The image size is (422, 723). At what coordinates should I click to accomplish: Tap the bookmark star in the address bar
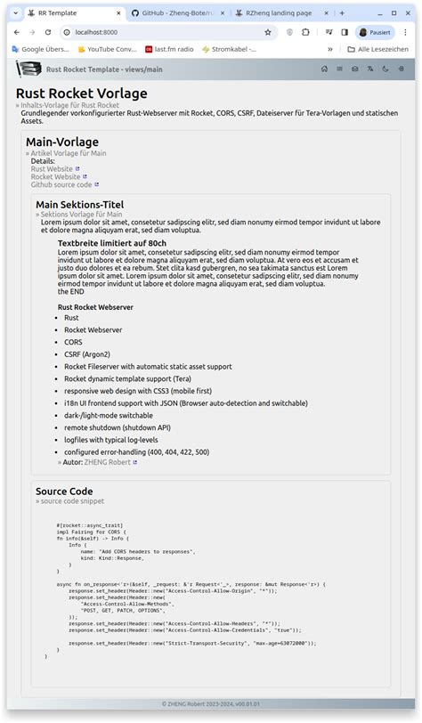[x=268, y=32]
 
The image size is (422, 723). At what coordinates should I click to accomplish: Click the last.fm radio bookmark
[x=175, y=49]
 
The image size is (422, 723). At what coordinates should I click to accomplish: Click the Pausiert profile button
[x=375, y=32]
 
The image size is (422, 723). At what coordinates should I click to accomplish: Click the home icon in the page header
[x=324, y=69]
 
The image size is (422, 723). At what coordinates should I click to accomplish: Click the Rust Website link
[x=53, y=168]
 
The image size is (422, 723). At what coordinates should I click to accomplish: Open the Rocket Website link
[x=56, y=176]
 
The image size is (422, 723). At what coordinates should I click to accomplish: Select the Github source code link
[x=61, y=184]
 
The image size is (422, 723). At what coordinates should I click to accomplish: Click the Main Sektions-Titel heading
[x=79, y=205]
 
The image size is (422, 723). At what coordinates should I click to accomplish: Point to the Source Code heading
[x=64, y=491]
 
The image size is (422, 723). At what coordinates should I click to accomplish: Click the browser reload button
[x=48, y=32]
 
